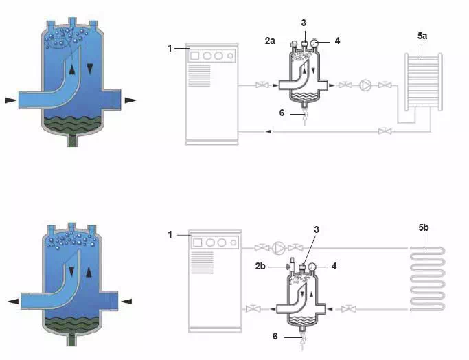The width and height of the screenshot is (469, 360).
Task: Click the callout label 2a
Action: pos(270,41)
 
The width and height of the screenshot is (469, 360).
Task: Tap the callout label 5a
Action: pos(422,36)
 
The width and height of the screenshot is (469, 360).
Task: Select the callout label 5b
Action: pos(424,227)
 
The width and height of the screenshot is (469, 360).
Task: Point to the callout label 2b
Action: pos(260,266)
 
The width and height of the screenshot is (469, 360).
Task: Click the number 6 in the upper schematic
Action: pos(282,113)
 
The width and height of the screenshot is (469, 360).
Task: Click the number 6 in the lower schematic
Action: pos(275,336)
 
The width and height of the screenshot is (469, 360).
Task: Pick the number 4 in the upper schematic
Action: pos(337,41)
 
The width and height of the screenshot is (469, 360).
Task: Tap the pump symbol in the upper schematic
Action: pos(365,85)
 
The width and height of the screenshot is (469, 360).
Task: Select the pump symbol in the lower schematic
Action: pos(279,248)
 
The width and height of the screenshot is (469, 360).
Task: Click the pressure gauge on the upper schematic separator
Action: pos(314,43)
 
